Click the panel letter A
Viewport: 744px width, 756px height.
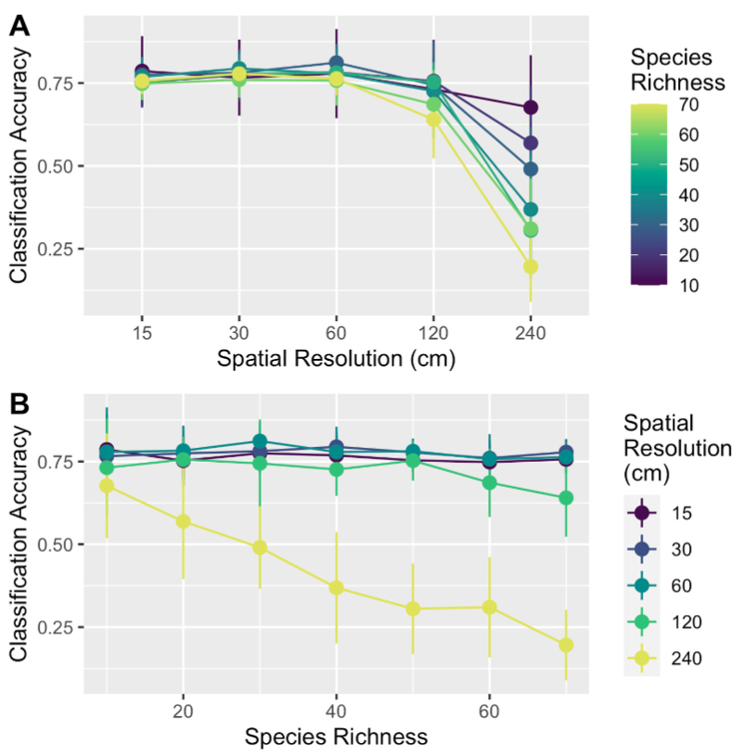19,26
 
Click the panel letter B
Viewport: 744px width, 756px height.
19,404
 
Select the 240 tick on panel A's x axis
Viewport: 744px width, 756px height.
531,333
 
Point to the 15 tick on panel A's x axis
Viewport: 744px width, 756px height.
142,333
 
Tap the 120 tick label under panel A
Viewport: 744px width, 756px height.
433,333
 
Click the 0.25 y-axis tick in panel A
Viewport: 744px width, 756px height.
56,250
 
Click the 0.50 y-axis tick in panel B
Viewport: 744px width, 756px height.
56,545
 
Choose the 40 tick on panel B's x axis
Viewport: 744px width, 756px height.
336,711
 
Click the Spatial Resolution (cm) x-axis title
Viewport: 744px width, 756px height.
336,358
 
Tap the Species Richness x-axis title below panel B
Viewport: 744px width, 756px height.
336,737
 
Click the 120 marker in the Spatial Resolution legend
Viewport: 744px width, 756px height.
642,622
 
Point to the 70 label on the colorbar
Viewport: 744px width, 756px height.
688,105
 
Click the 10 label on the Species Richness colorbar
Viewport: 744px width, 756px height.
688,286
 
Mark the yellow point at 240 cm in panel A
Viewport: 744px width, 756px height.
531,266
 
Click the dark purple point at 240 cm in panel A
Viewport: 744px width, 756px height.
531,108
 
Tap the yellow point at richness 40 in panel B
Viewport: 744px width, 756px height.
336,588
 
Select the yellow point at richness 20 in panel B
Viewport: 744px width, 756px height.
183,521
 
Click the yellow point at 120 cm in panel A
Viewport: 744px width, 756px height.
433,119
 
